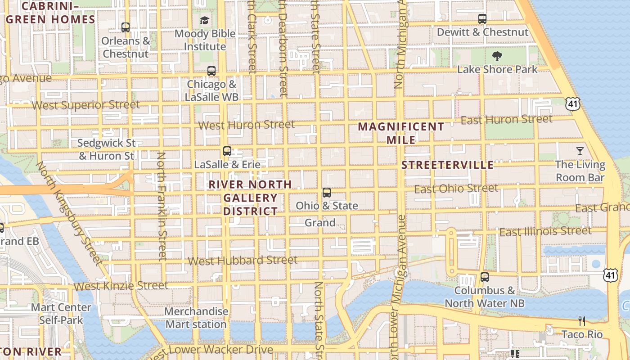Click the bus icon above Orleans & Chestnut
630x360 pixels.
tap(126, 27)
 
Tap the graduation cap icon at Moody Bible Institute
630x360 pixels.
tap(205, 20)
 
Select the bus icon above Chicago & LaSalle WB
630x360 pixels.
tap(211, 71)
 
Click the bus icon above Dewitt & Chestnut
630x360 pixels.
tap(482, 19)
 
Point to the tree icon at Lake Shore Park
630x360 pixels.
tap(497, 56)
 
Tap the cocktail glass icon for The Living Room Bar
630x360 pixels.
tap(580, 151)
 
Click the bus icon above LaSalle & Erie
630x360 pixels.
tap(227, 151)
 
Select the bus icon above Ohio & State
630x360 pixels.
tap(327, 193)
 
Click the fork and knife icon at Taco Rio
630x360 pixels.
tap(582, 321)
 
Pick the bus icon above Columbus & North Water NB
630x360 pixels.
tap(485, 277)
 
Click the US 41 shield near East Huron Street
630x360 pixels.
tap(573, 104)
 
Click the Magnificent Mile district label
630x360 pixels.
tap(401, 133)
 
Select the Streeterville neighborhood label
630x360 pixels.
tap(447, 165)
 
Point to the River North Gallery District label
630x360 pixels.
tap(250, 198)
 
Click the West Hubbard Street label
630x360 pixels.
tap(242, 261)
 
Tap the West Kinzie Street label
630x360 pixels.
tap(121, 286)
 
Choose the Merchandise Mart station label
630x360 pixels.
tap(196, 318)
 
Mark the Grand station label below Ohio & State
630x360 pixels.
tap(320, 223)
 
